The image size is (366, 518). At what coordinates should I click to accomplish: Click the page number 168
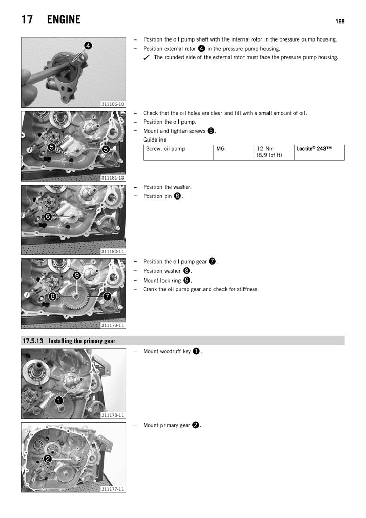pos(340,21)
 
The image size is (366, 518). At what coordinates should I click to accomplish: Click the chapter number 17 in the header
pos(28,20)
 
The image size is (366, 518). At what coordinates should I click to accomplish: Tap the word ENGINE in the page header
pos(64,20)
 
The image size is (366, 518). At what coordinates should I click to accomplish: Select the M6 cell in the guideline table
pos(221,149)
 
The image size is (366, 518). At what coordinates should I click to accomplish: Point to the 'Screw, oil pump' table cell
pos(166,149)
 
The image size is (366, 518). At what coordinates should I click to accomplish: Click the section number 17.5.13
pos(33,341)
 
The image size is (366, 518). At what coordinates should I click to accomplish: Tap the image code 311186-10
pos(113,104)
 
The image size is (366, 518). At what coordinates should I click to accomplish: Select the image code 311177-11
pos(113,489)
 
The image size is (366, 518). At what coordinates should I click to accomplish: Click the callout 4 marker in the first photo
pos(88,46)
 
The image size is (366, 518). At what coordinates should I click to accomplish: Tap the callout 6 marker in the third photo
pos(47,217)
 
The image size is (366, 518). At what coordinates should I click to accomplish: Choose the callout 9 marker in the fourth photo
pos(76,275)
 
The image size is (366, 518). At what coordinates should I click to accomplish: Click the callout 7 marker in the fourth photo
pos(107,296)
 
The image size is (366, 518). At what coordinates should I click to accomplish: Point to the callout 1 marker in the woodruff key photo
pos(59,400)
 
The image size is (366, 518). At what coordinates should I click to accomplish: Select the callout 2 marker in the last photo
pos(47,458)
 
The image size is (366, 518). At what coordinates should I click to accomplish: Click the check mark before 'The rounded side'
pos(147,58)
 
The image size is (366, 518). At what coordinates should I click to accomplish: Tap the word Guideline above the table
pos(154,140)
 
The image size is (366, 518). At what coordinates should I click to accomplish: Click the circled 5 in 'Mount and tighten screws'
pos(211,131)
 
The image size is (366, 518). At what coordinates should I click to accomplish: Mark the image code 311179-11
pos(113,325)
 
